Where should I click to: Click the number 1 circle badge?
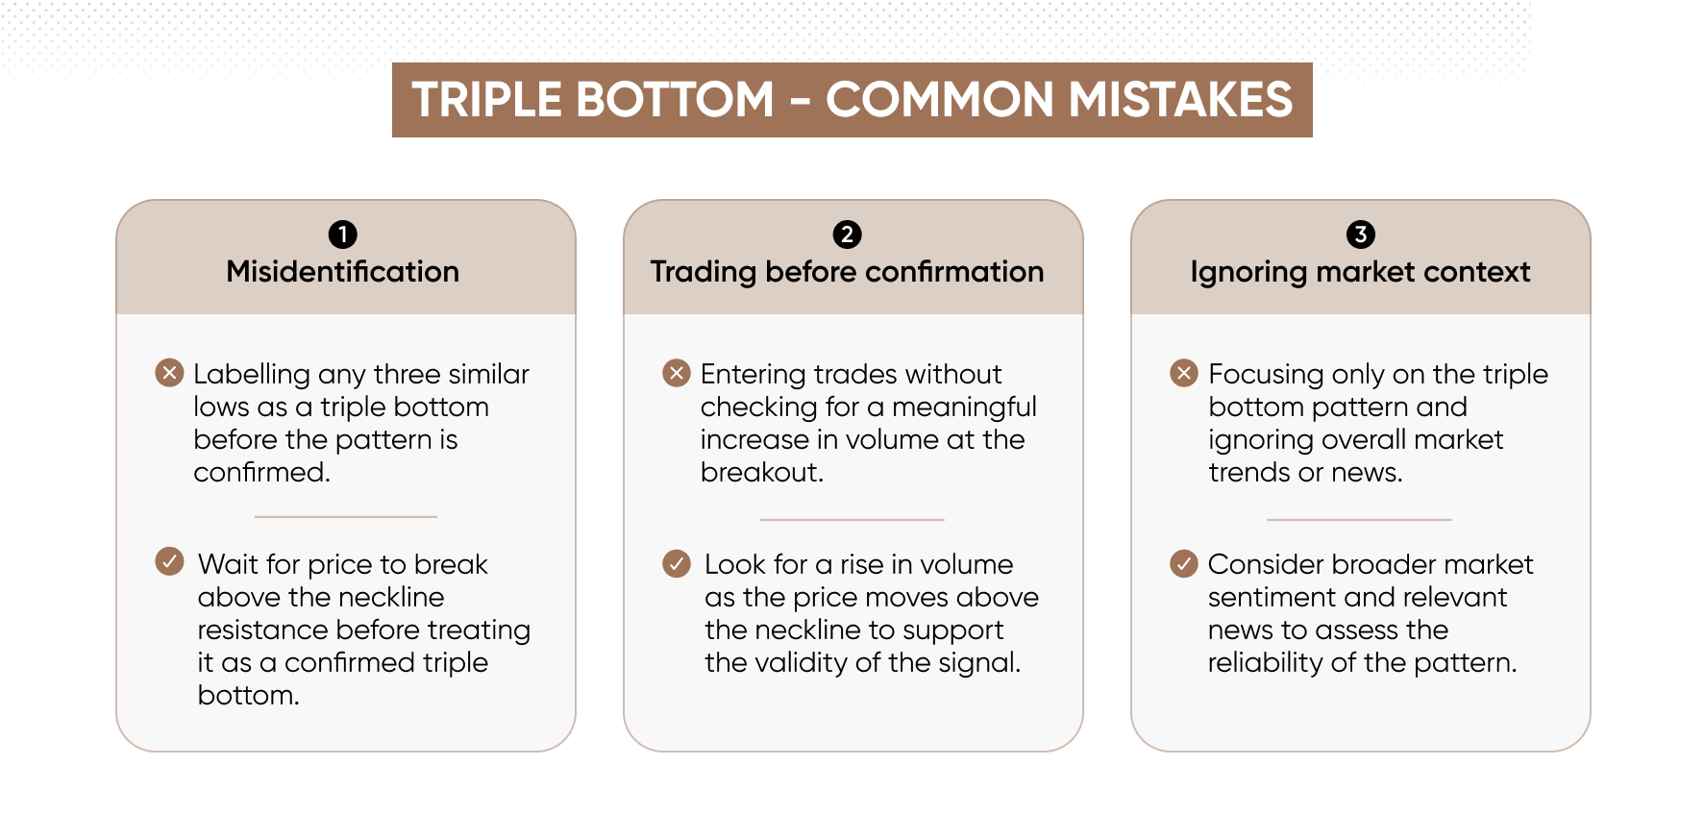pyautogui.click(x=342, y=235)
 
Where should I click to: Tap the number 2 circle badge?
pyautogui.click(x=847, y=235)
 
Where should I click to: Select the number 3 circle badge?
pyautogui.click(x=1360, y=235)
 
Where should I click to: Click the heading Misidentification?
pyautogui.click(x=343, y=272)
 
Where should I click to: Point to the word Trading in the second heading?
pyautogui.click(x=704, y=273)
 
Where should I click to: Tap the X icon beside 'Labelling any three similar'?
pyautogui.click(x=169, y=373)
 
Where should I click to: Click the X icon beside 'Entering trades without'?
pyautogui.click(x=677, y=373)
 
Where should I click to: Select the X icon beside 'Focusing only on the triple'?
pyautogui.click(x=1184, y=373)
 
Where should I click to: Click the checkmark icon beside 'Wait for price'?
pyautogui.click(x=169, y=561)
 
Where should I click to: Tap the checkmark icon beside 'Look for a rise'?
pyautogui.click(x=677, y=563)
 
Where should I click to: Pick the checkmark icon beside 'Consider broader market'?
pyautogui.click(x=1184, y=563)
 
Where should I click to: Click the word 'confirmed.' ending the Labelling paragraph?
pyautogui.click(x=261, y=472)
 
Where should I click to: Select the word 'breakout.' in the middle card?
pyautogui.click(x=761, y=472)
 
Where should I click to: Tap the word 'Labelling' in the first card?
pyautogui.click(x=252, y=375)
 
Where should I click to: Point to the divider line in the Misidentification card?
pyautogui.click(x=346, y=517)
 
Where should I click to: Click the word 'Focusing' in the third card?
pyautogui.click(x=1267, y=375)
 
